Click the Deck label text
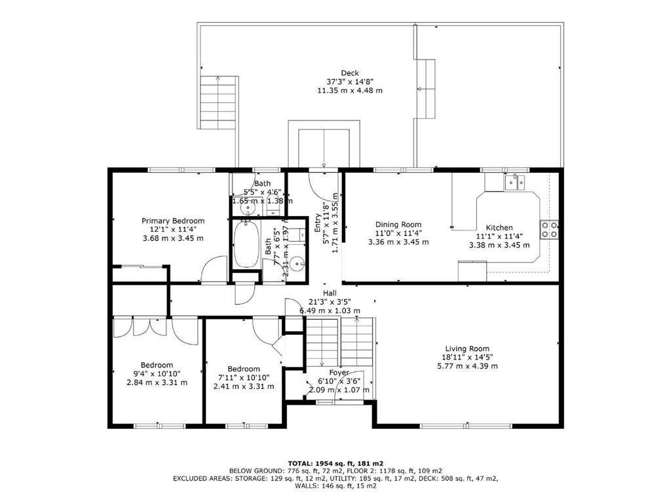[349, 73]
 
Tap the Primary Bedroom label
[173, 221]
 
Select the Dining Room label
[398, 225]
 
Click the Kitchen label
[499, 228]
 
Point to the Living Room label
[467, 348]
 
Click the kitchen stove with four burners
[548, 229]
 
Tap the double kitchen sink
[514, 181]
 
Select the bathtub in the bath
[246, 244]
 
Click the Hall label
[330, 293]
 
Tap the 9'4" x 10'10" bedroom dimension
[157, 374]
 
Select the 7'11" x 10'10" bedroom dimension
[244, 378]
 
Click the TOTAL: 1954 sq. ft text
[335, 463]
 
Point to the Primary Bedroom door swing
[212, 270]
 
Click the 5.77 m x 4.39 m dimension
[467, 365]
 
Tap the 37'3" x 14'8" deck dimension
[349, 81]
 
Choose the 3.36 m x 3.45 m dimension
[398, 242]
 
